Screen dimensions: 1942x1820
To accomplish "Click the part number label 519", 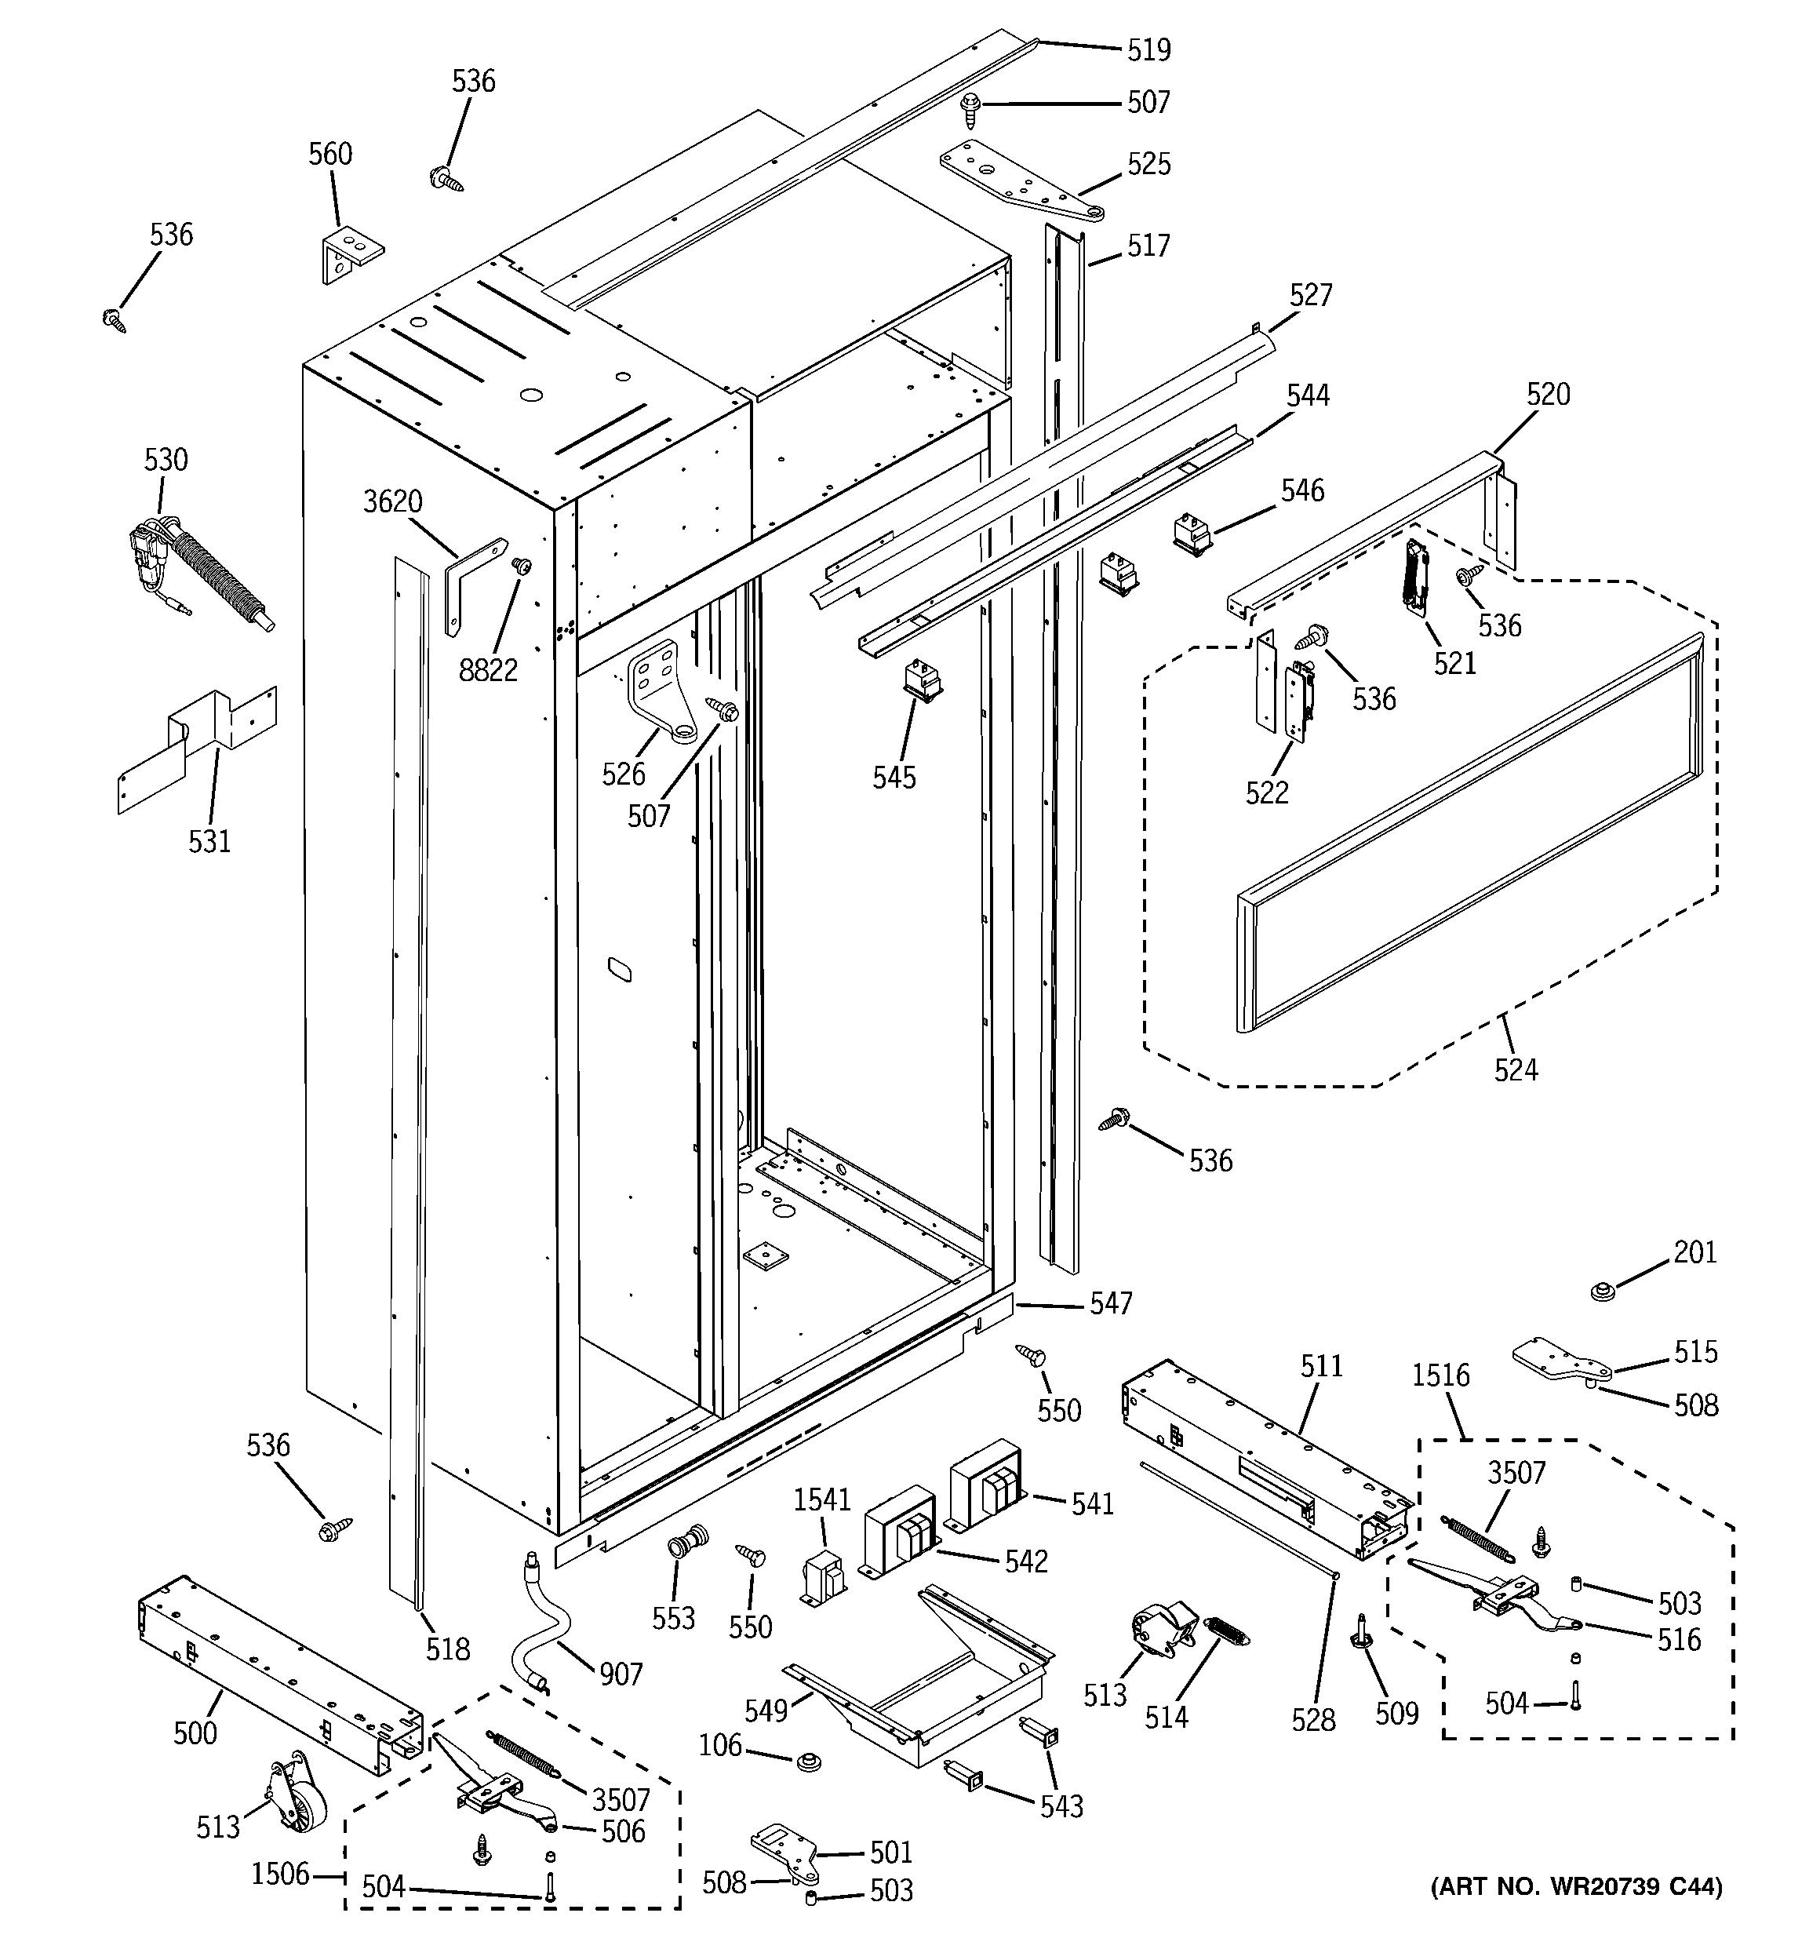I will pyautogui.click(x=1148, y=49).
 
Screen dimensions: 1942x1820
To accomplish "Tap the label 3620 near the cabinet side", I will pyautogui.click(x=393, y=502).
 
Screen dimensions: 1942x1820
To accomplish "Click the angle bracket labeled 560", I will pyautogui.click(x=350, y=252).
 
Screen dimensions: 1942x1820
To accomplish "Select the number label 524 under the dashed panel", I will pyautogui.click(x=1515, y=1070).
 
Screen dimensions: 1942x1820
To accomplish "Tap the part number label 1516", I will pyautogui.click(x=1440, y=1375).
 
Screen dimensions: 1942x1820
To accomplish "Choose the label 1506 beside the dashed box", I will pyautogui.click(x=280, y=1874).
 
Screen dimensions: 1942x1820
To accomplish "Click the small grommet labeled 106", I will pyautogui.click(x=807, y=1763).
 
